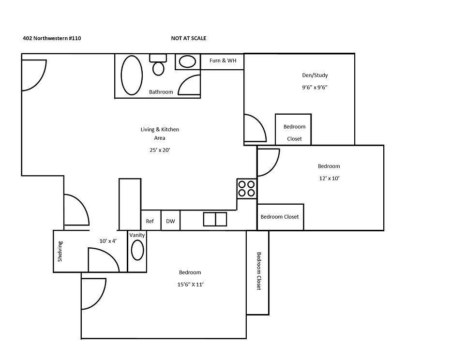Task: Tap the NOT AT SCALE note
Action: (x=188, y=38)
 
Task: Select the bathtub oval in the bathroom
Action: (x=131, y=75)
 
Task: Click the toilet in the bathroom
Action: (x=158, y=65)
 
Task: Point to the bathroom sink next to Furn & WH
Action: (x=187, y=61)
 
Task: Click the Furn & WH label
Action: (x=223, y=61)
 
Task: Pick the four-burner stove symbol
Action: (x=246, y=188)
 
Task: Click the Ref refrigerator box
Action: (x=150, y=221)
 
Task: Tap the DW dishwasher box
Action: (x=170, y=221)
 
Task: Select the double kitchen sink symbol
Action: (x=215, y=219)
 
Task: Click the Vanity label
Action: (x=137, y=235)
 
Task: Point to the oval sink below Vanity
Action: (x=137, y=252)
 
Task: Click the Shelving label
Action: (x=60, y=252)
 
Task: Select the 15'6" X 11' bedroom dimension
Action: (x=190, y=285)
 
